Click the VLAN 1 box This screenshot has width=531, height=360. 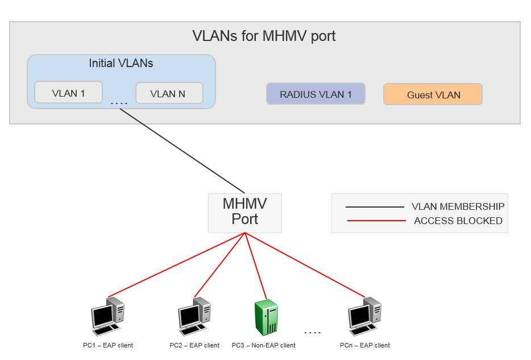tap(68, 93)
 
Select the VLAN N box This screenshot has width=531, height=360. tap(169, 93)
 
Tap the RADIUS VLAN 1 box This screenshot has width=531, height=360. tap(316, 94)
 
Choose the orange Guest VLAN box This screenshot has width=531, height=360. tap(433, 94)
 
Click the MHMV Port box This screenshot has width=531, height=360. tap(244, 212)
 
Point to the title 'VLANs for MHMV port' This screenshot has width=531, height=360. tap(264, 36)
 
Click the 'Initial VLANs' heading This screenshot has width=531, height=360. tap(121, 63)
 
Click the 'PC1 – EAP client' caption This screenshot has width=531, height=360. tap(108, 345)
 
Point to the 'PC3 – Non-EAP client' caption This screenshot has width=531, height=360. tap(264, 345)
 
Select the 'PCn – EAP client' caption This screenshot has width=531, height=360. tap(365, 345)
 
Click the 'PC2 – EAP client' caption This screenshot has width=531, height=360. tap(194, 345)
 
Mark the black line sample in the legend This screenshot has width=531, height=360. tap(375, 207)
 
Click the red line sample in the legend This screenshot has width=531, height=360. tap(375, 221)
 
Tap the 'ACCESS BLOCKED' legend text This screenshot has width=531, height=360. tap(458, 221)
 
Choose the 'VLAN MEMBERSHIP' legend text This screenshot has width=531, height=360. tap(458, 206)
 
